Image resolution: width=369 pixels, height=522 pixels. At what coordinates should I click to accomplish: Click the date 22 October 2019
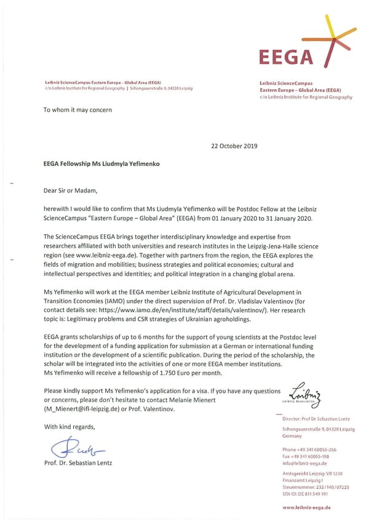(234, 146)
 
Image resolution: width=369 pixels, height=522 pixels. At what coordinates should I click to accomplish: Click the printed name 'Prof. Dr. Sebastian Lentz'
(78, 463)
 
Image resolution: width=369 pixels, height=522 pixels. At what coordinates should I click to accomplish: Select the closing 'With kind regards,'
(69, 427)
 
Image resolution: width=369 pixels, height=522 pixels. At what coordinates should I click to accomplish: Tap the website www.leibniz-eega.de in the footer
(306, 507)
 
